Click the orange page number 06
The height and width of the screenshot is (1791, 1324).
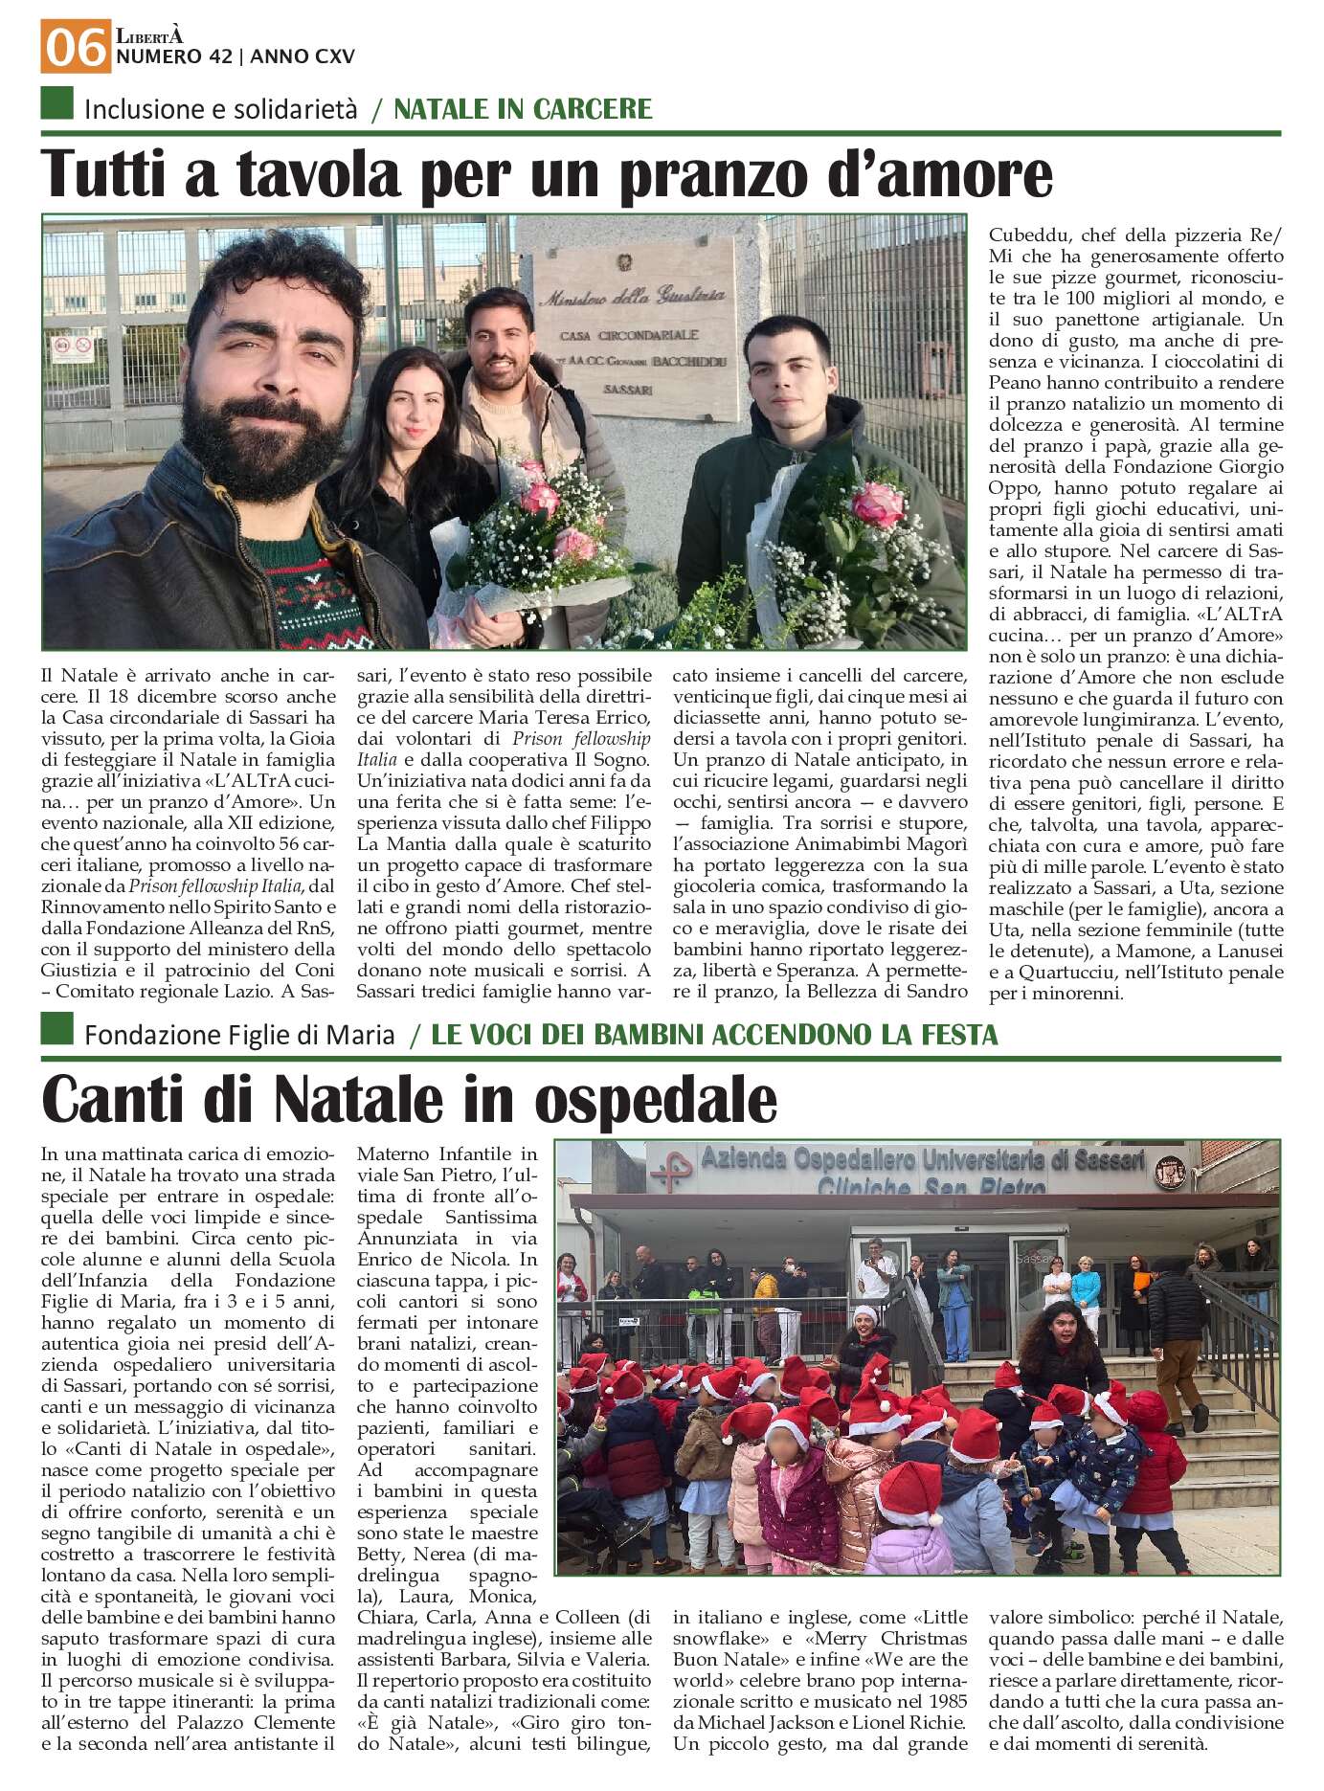(75, 48)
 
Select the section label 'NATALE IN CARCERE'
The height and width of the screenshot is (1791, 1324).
(523, 109)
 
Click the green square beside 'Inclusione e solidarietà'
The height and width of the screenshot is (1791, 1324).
(57, 103)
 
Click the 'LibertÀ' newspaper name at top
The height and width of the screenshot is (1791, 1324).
(149, 36)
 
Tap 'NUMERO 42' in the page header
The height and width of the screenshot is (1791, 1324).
(173, 57)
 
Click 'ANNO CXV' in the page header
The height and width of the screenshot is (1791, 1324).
(303, 57)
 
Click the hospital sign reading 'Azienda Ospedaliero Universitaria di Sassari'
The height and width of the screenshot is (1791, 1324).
(922, 1162)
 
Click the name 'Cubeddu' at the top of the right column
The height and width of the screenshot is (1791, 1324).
(1025, 235)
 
